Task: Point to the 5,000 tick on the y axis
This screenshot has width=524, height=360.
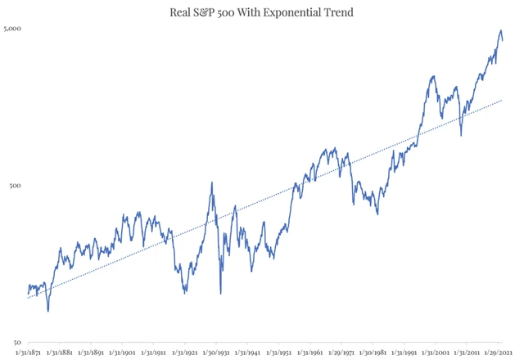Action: click(12, 29)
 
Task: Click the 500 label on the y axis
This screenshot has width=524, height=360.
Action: click(16, 186)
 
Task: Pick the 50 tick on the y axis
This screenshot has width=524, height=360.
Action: click(17, 342)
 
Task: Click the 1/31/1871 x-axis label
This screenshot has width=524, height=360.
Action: click(29, 353)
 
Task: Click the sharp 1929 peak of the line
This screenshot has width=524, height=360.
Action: click(212, 182)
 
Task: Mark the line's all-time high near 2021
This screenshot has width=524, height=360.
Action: click(500, 30)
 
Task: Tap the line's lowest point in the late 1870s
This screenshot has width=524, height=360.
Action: click(48, 311)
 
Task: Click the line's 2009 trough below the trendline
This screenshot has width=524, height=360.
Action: click(462, 135)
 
